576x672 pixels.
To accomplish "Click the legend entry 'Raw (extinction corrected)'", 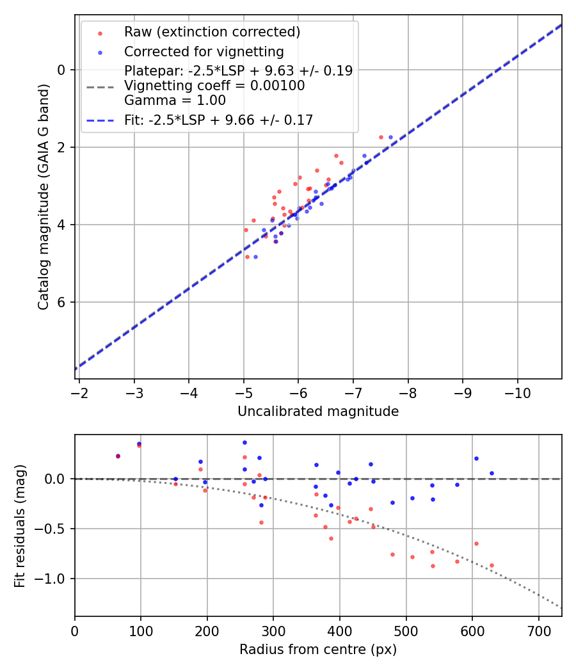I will click(212, 32).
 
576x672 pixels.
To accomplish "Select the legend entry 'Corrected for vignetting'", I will click(204, 51).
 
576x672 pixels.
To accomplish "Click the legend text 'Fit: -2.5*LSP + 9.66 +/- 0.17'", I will click(218, 120).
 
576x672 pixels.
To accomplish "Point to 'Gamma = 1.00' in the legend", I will click(175, 100).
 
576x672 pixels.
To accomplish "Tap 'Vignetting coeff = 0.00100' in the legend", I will click(214, 86).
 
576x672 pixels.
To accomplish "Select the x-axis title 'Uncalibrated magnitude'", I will click(318, 412).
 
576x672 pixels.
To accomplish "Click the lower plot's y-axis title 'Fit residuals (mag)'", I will click(20, 525).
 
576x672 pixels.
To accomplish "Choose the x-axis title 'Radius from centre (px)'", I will click(318, 650).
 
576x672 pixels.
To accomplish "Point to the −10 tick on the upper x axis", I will click(518, 392).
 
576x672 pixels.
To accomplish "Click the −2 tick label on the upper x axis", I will click(79, 392).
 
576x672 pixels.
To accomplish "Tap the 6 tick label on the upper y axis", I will click(62, 302).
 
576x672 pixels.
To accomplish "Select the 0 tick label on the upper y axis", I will click(62, 69).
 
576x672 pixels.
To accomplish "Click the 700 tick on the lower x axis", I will click(538, 630).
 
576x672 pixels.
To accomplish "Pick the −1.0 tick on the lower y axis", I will click(54, 579).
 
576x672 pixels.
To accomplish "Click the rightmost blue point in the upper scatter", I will click(390, 137).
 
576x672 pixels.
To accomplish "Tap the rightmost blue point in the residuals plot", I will click(492, 473).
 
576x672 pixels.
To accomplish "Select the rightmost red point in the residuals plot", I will click(492, 565).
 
